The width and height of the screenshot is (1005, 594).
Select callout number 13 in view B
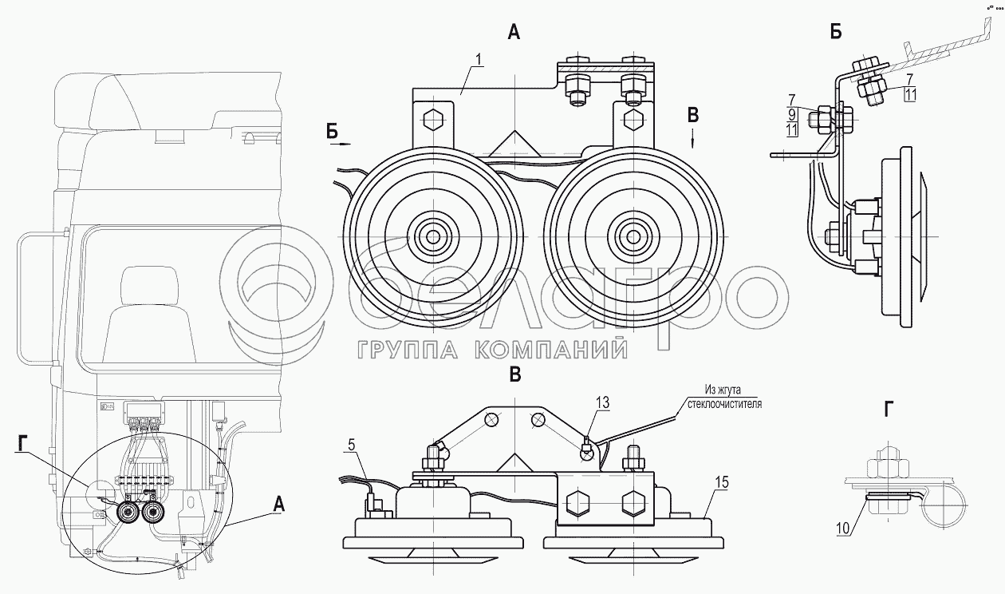(x=602, y=404)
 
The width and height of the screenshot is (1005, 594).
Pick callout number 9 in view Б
(x=791, y=113)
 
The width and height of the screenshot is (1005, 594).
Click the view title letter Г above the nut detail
(x=888, y=410)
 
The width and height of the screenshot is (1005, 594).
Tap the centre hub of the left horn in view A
(x=432, y=236)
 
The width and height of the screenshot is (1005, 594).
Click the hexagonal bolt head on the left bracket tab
(x=432, y=121)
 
